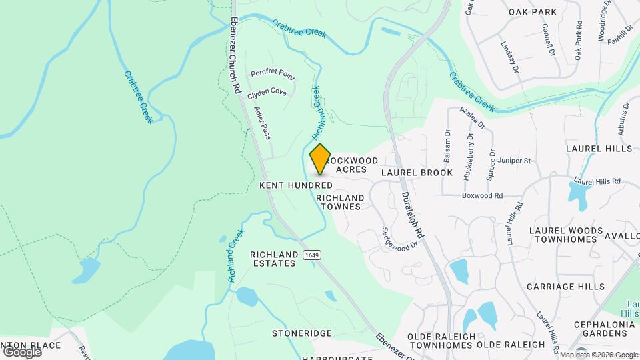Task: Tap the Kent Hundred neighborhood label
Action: (296, 185)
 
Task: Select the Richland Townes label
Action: (340, 202)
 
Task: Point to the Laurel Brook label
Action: (417, 173)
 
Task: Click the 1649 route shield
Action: (310, 255)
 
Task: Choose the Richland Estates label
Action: (273, 259)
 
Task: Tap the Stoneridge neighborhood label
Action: (301, 333)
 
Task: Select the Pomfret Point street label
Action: (272, 73)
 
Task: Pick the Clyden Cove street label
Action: (267, 93)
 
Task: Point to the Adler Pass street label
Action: (263, 123)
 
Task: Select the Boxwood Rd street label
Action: (482, 195)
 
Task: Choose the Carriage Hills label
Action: (565, 286)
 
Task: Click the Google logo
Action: (21, 351)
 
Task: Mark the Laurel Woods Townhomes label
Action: (562, 234)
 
